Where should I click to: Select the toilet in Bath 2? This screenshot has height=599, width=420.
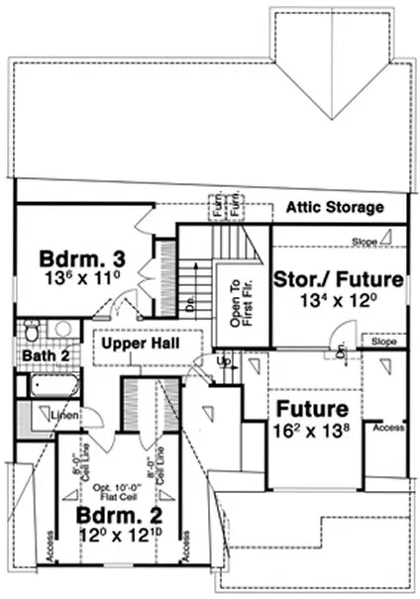pyautogui.click(x=31, y=331)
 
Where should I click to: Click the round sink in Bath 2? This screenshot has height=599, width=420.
pyautogui.click(x=59, y=330)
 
